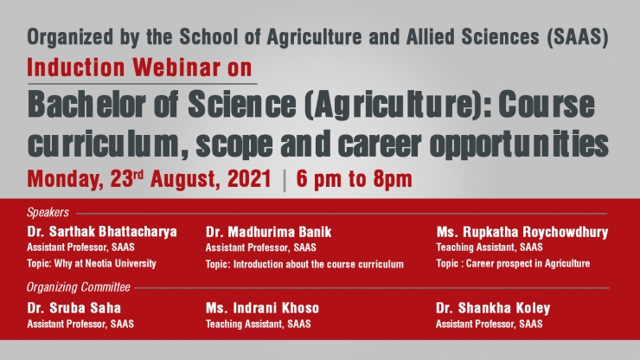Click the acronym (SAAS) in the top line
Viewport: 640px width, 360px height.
click(x=578, y=37)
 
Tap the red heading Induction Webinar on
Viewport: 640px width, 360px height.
click(x=139, y=67)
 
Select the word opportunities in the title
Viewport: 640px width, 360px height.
click(x=519, y=145)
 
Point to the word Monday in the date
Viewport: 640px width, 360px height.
click(x=66, y=179)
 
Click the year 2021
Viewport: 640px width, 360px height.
click(x=249, y=178)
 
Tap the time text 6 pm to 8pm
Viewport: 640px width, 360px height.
click(x=355, y=179)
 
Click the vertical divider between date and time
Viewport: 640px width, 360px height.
click(x=284, y=180)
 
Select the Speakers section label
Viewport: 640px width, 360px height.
click(x=48, y=213)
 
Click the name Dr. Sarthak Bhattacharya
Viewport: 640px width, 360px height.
click(x=102, y=232)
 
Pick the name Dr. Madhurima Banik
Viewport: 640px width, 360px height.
click(x=269, y=232)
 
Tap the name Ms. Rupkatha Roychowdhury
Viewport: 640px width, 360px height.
click(x=522, y=232)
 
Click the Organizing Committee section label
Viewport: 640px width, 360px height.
click(x=79, y=287)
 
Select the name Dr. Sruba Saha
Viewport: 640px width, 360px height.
click(x=74, y=308)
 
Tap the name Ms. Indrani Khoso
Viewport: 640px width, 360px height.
click(x=262, y=308)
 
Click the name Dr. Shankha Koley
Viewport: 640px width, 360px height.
click(x=493, y=308)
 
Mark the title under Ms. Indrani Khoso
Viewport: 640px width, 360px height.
click(x=258, y=324)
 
